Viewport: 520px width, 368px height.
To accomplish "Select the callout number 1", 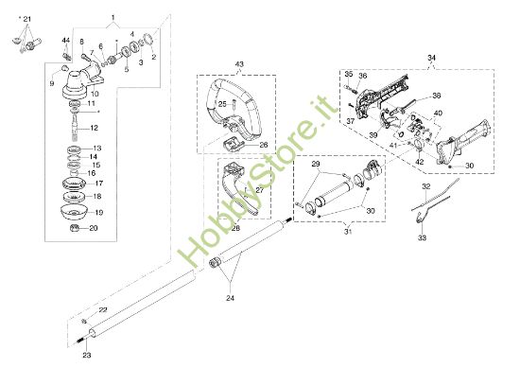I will [x=113, y=18].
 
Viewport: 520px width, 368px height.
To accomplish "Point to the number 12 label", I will [x=94, y=126].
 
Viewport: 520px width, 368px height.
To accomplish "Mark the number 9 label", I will [x=52, y=81].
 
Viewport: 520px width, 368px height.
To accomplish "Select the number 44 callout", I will [x=66, y=41].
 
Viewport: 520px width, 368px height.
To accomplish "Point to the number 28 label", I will [x=236, y=229].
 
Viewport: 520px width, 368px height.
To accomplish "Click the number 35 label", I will [x=347, y=73].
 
